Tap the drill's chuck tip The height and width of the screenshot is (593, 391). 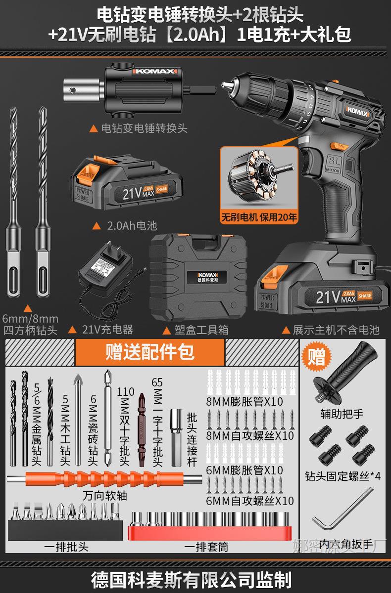tap(229, 87)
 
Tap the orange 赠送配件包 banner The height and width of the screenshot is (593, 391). tap(149, 352)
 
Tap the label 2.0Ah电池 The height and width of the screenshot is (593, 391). tap(131, 226)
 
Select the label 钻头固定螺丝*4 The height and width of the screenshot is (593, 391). tap(343, 476)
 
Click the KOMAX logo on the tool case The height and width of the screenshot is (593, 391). tap(203, 274)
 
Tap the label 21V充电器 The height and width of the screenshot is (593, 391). tap(107, 329)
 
